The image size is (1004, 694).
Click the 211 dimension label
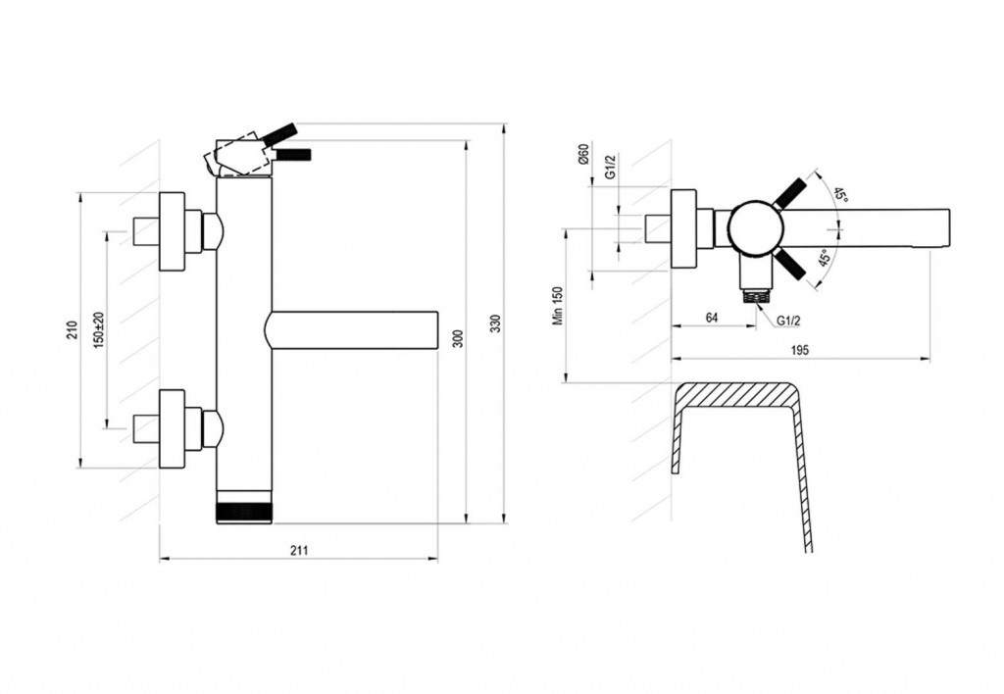coord(299,550)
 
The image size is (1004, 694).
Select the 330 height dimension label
coord(495,324)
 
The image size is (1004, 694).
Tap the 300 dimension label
coord(457,339)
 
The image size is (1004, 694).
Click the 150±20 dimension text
coord(98,330)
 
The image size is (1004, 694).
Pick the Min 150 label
coord(558,306)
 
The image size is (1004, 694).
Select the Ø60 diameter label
coord(582,156)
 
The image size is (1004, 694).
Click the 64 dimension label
coord(712,318)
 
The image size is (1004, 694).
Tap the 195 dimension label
coord(800,350)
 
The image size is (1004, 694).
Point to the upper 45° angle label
coord(840,195)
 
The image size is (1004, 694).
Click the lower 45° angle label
coord(826,258)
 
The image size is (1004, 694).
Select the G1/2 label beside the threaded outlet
coord(788,321)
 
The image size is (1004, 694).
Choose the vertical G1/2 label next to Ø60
coord(611,166)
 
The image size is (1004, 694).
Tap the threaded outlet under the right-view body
coord(756,296)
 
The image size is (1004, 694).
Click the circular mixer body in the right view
coord(756,229)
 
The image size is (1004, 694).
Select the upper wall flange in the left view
coord(172,231)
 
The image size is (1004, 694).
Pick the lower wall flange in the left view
coord(172,429)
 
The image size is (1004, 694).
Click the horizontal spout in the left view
coord(352,330)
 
